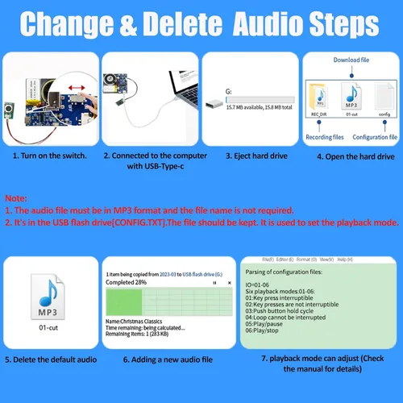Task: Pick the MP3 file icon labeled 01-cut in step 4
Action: pos(350,95)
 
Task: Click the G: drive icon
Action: pos(215,103)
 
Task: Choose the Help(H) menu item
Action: pos(345,260)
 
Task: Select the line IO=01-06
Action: pos(260,285)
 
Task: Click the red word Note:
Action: pos(16,197)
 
